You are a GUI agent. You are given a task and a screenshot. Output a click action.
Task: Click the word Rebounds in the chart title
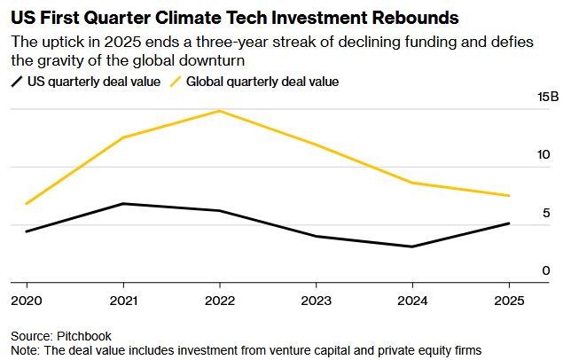[x=418, y=17]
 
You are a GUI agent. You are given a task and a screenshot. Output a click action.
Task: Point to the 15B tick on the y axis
[x=548, y=97]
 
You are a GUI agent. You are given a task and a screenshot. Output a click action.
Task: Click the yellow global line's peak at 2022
[x=220, y=111]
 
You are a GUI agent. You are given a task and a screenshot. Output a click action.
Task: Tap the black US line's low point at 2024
[x=413, y=247]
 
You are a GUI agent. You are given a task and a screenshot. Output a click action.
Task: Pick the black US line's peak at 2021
[x=123, y=204]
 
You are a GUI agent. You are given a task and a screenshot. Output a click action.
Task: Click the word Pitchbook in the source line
[x=82, y=337]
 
